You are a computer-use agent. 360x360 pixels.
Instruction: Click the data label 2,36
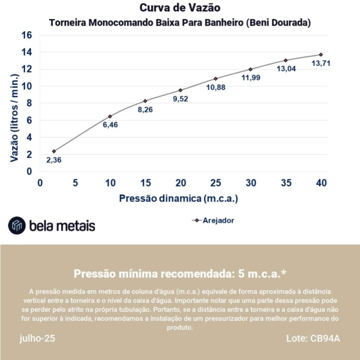point(54,160)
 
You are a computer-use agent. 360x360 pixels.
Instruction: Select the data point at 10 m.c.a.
point(110,116)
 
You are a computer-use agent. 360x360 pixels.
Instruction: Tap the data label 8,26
point(146,110)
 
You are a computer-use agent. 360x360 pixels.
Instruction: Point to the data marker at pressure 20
point(181,90)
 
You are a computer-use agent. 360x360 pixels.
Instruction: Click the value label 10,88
point(215,87)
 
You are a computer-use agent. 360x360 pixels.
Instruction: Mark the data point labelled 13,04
point(286,60)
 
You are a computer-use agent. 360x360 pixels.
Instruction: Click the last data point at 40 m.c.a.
point(321,55)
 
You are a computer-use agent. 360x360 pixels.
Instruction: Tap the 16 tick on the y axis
point(27,35)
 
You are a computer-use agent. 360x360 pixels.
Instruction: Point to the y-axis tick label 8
point(29,103)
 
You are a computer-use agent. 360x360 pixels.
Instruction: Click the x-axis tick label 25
point(215,183)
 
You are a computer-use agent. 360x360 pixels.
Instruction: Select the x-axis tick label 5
point(75,183)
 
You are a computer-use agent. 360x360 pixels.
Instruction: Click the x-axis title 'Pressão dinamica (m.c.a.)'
point(178,199)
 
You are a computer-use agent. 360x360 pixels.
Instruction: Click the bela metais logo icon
point(17,225)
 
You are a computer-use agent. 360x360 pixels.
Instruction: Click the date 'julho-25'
point(37,338)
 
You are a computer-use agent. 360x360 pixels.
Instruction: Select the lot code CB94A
point(325,338)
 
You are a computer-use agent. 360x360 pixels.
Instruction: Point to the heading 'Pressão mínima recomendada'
point(179,273)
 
